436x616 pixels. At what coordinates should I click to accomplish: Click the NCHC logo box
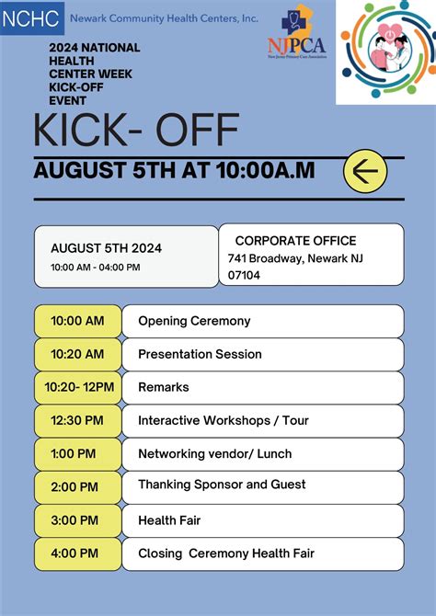click(x=32, y=17)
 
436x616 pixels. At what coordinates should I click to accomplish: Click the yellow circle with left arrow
click(x=365, y=171)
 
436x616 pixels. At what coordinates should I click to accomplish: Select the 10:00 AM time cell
click(x=77, y=321)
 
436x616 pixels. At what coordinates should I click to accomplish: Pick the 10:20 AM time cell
click(x=77, y=354)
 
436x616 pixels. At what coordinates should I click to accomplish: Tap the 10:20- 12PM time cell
click(x=77, y=387)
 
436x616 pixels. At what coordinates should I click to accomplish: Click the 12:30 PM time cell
click(x=77, y=420)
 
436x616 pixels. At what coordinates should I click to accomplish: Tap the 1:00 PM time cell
click(x=77, y=453)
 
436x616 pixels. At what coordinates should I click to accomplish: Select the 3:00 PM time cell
click(x=77, y=520)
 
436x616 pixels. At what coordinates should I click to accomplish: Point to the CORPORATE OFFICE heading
click(x=295, y=241)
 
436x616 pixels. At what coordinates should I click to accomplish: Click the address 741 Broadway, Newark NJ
click(x=295, y=258)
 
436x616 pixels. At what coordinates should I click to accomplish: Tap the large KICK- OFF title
click(x=136, y=131)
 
